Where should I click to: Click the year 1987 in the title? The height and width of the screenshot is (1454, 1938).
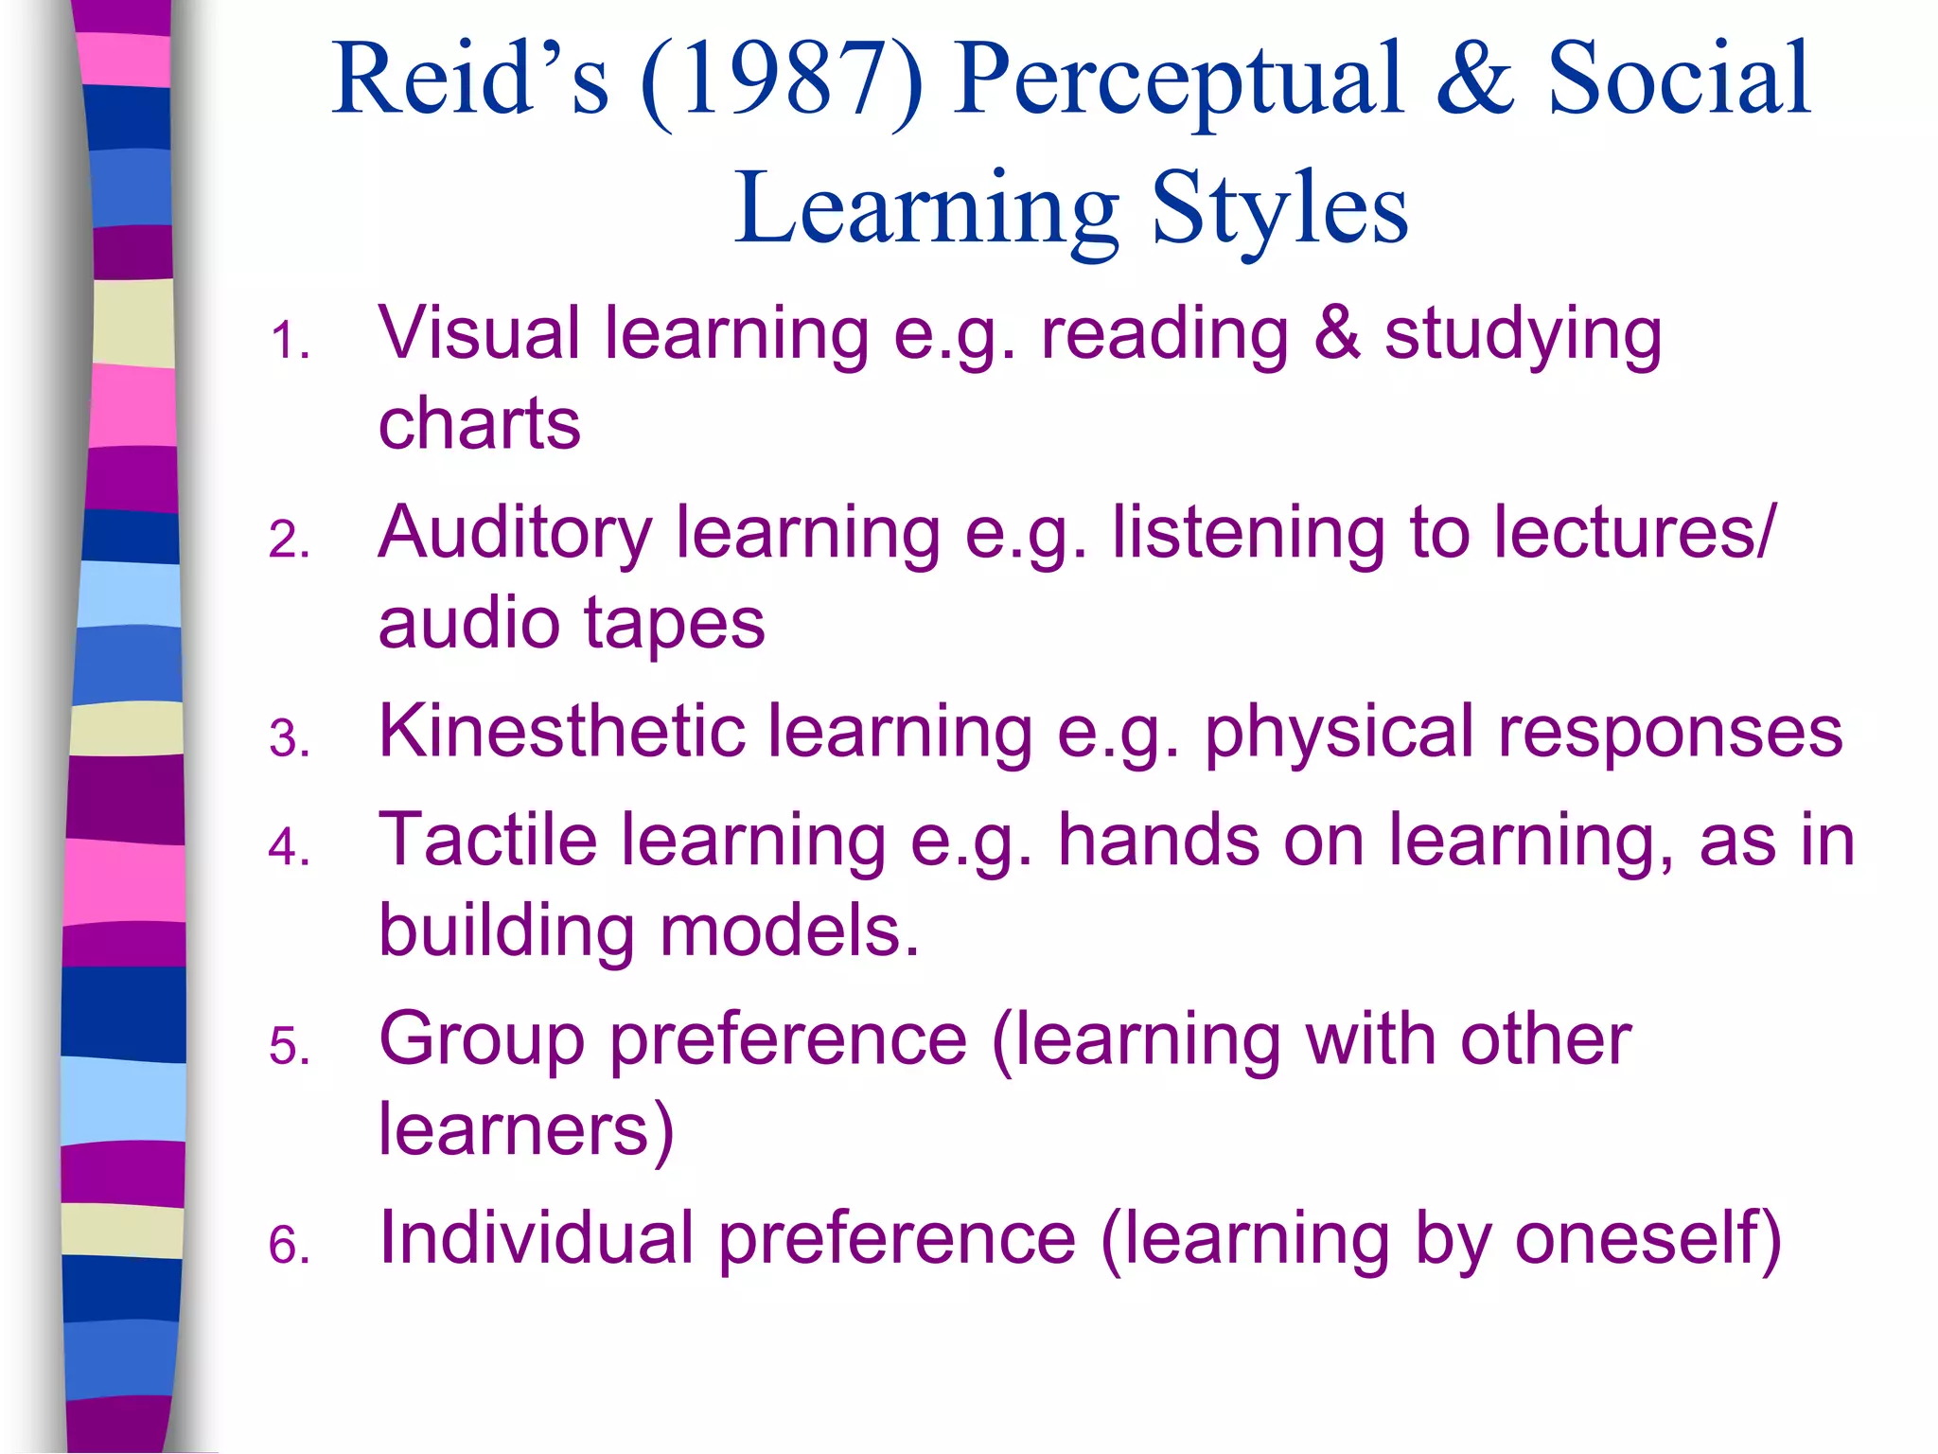(782, 80)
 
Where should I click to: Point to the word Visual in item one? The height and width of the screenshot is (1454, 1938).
(479, 333)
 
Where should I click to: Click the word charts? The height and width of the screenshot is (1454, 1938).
(479, 423)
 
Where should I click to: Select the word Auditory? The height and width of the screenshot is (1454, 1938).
(515, 534)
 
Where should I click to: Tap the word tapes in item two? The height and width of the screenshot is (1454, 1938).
(674, 624)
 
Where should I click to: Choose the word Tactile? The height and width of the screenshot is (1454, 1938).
(487, 840)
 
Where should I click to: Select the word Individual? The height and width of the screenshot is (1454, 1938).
(537, 1238)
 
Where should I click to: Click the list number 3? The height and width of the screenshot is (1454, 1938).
(289, 739)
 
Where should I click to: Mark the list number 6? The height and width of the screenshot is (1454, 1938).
(289, 1245)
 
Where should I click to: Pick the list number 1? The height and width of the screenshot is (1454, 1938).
(289, 341)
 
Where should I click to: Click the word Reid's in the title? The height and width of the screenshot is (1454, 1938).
(470, 80)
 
